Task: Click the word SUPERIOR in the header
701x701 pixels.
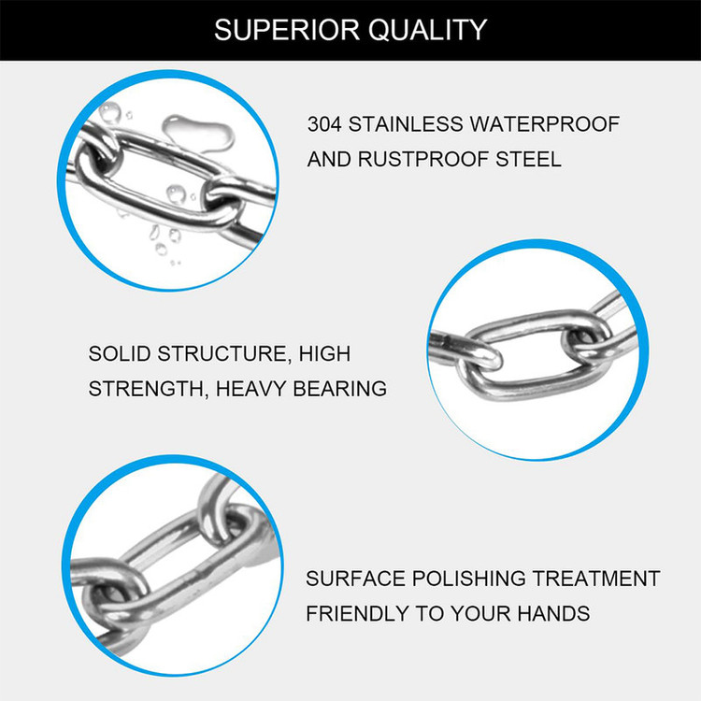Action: point(287,30)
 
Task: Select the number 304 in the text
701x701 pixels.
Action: point(324,123)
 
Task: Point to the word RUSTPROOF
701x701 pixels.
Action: point(422,159)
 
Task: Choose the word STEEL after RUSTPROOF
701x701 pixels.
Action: point(528,159)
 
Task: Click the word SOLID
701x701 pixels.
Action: point(120,353)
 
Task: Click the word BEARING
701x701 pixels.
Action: point(340,389)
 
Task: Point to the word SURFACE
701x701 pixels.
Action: point(355,579)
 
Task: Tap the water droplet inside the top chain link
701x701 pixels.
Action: point(176,194)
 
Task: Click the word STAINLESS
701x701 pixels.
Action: point(406,123)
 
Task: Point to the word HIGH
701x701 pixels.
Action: point(324,353)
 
